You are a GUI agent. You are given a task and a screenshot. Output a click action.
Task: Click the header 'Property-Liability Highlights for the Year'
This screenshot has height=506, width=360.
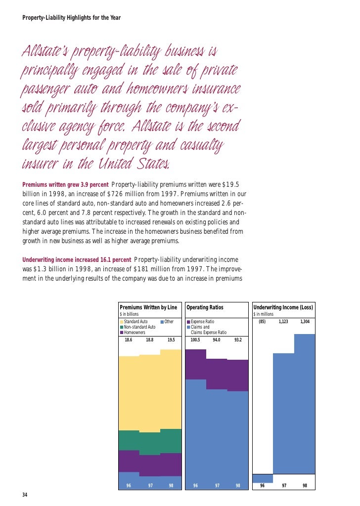(72, 18)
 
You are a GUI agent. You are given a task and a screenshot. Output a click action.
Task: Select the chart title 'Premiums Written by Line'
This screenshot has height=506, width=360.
(148, 307)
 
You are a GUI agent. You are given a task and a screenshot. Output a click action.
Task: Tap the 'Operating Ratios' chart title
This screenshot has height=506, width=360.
(205, 307)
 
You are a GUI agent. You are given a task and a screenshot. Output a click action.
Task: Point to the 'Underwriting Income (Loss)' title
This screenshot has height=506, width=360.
(283, 307)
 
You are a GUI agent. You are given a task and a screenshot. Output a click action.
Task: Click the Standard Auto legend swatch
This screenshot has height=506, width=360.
(122, 322)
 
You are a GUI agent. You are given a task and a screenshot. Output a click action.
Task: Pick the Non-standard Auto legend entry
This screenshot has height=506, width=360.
(139, 327)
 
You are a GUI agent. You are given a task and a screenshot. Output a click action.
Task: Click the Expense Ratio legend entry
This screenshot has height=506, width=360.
(203, 322)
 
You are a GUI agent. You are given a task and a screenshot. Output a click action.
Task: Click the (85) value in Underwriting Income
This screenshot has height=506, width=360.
(262, 322)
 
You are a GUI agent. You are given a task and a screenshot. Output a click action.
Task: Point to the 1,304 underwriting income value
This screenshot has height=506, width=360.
(305, 322)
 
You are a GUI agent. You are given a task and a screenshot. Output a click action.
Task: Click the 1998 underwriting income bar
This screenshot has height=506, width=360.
(305, 405)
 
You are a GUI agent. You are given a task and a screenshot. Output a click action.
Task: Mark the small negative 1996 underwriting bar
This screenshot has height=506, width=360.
(263, 478)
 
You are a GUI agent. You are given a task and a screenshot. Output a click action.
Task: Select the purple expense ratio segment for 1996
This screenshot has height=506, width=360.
(195, 364)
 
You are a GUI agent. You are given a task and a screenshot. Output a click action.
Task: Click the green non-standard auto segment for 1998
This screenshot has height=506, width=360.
(171, 441)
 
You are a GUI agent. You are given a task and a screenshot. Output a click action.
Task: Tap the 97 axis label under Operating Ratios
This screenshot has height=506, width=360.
(217, 486)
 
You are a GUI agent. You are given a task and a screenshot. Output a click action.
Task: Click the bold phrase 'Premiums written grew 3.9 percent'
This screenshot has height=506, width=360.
(65, 185)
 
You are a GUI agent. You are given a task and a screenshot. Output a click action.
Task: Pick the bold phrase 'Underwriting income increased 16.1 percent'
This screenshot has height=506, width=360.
(77, 260)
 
